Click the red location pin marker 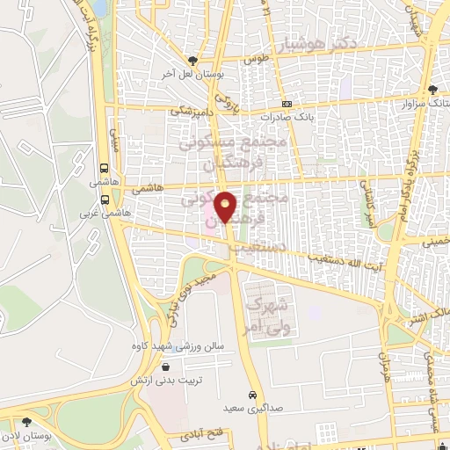[226, 207]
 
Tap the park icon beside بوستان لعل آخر [192, 61]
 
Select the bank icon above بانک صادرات [287, 103]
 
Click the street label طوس [256, 59]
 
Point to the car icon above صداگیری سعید [252, 394]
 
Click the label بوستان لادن [25, 436]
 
